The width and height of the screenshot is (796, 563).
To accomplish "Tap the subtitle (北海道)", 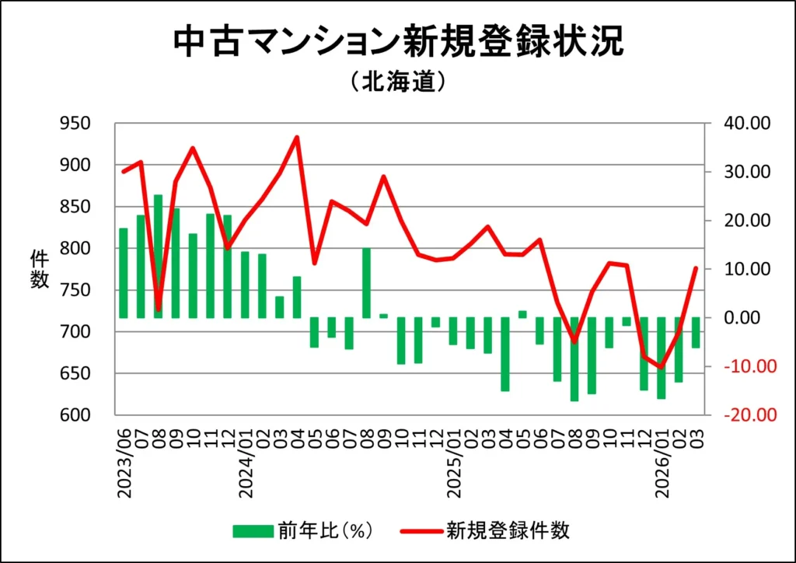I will tap(397, 81).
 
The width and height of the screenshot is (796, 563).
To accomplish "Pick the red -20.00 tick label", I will tap(745, 415).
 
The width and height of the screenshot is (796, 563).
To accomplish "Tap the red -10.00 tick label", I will tap(745, 366).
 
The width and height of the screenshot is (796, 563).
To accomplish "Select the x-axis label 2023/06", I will tap(124, 459).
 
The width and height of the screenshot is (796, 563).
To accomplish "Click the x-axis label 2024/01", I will tap(245, 459).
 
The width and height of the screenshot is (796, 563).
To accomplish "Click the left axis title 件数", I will tap(39, 269).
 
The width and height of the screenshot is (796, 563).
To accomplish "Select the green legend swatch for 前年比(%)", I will tap(252, 531).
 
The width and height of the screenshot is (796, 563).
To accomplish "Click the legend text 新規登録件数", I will tap(508, 531).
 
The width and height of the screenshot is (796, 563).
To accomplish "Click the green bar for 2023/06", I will tap(124, 273).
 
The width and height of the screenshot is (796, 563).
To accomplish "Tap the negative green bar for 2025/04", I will tap(505, 354).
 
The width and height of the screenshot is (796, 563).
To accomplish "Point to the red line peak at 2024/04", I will tap(297, 138).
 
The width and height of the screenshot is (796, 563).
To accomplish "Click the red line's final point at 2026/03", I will tap(696, 268).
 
